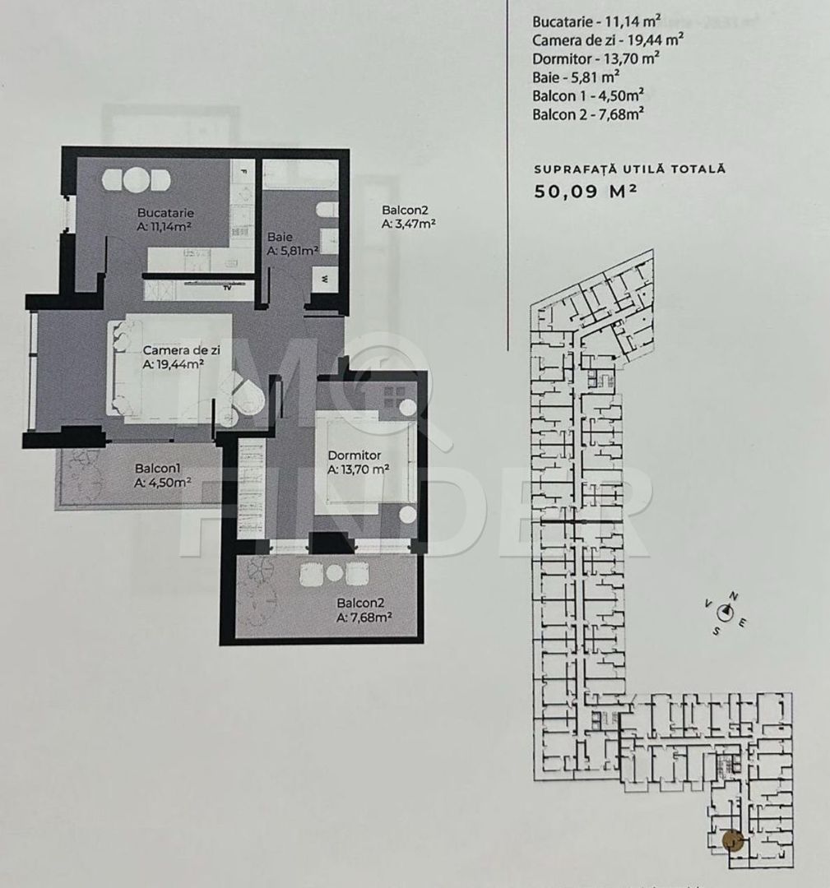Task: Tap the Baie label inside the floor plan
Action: pyautogui.click(x=275, y=237)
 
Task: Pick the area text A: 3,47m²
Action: pyautogui.click(x=408, y=223)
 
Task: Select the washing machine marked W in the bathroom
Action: pyautogui.click(x=326, y=279)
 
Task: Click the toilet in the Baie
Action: pyautogui.click(x=327, y=211)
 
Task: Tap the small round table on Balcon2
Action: pyautogui.click(x=334, y=573)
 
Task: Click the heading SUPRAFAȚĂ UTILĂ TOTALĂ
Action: pyautogui.click(x=629, y=169)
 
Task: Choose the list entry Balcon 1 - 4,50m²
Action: pyautogui.click(x=587, y=96)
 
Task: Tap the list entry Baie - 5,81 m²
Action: pyautogui.click(x=576, y=78)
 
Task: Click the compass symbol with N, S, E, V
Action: pyautogui.click(x=725, y=612)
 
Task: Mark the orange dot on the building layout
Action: pyautogui.click(x=732, y=840)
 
